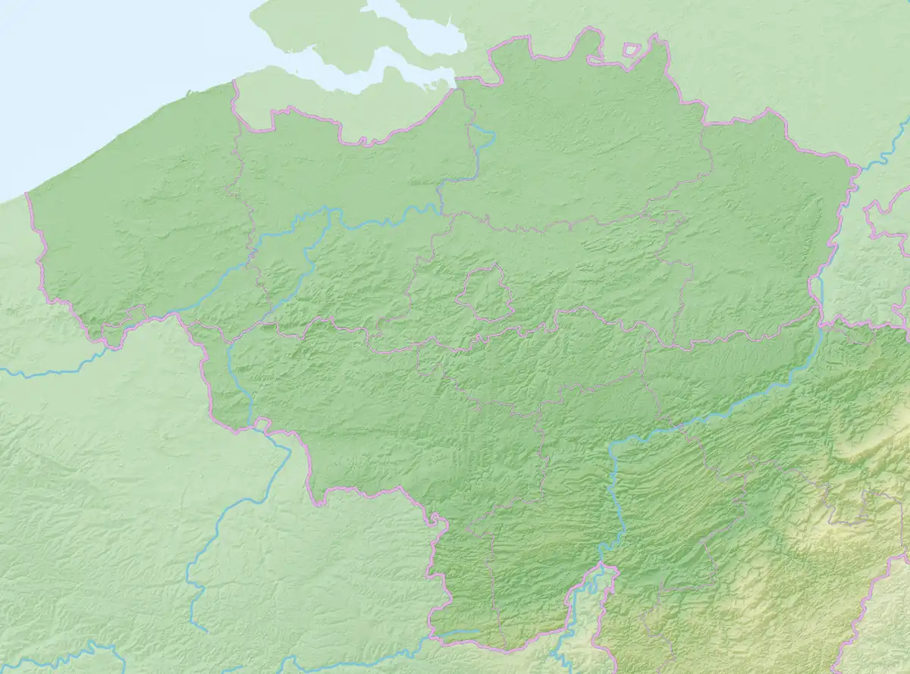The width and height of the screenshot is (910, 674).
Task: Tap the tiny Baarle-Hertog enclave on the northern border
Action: [x=631, y=50]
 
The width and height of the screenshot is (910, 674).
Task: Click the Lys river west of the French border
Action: [x=45, y=373]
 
